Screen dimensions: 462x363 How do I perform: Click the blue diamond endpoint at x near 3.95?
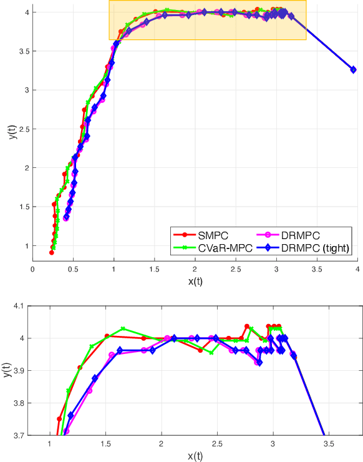353,69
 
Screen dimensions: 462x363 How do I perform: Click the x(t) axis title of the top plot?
195,281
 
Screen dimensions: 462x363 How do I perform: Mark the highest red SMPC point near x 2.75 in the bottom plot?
247,327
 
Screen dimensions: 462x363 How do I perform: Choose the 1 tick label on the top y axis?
25,246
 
